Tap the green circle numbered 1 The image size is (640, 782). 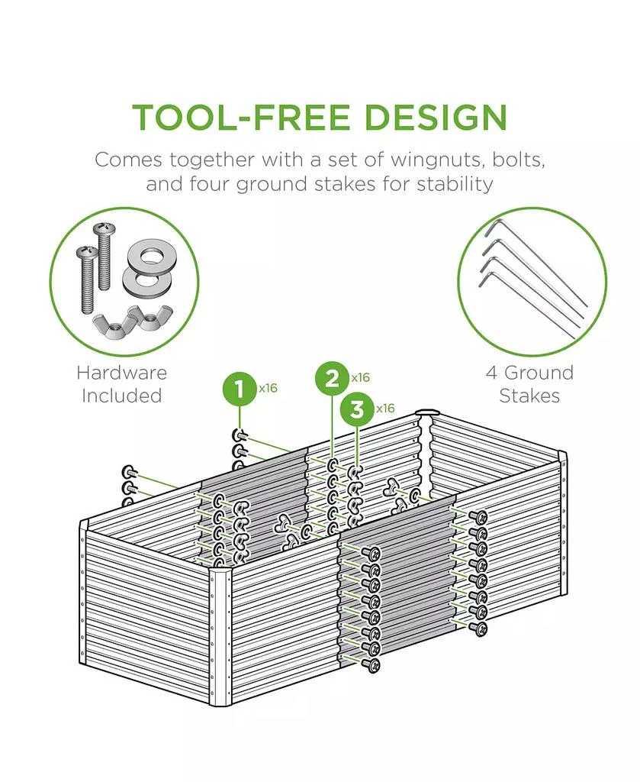(x=240, y=390)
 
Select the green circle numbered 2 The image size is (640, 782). (x=333, y=379)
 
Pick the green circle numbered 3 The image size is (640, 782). (x=357, y=410)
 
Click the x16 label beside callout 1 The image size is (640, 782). (x=268, y=388)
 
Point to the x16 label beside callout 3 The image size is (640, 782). (x=385, y=409)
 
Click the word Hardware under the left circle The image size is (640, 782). (x=121, y=373)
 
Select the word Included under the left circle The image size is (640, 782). (x=121, y=396)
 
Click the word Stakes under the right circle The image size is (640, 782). (x=529, y=396)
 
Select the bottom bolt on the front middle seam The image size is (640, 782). (x=372, y=666)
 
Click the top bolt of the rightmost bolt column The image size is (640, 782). (x=479, y=516)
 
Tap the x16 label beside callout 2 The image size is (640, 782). (x=361, y=377)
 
